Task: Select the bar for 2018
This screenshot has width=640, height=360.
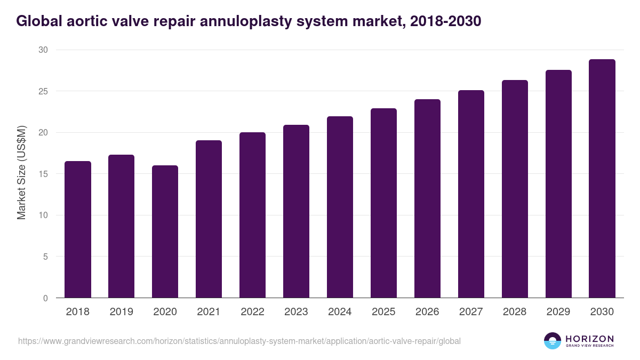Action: point(78,229)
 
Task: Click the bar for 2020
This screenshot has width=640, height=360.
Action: point(165,231)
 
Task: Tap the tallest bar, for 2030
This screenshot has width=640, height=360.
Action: point(602,179)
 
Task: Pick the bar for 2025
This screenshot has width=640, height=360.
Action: point(383,203)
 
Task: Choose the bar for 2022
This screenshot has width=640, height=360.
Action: point(252,215)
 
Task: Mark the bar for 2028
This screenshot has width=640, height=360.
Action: point(515,189)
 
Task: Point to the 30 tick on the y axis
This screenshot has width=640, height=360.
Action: point(43,50)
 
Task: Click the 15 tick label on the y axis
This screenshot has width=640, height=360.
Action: point(43,174)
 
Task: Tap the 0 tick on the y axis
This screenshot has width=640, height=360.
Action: point(45,298)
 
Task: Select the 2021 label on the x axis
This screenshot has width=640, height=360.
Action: point(209,312)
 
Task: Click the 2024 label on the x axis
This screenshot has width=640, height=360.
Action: point(340,312)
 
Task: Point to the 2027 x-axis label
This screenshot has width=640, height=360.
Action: point(471,312)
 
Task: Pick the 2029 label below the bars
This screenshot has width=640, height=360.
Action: point(558,312)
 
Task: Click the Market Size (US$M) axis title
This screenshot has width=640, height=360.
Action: point(22,174)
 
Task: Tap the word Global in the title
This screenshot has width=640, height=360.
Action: point(38,21)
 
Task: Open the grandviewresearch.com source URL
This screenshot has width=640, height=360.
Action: point(239,341)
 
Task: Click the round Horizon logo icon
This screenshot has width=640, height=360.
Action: point(553,341)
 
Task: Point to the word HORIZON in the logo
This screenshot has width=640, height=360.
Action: point(589,339)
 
